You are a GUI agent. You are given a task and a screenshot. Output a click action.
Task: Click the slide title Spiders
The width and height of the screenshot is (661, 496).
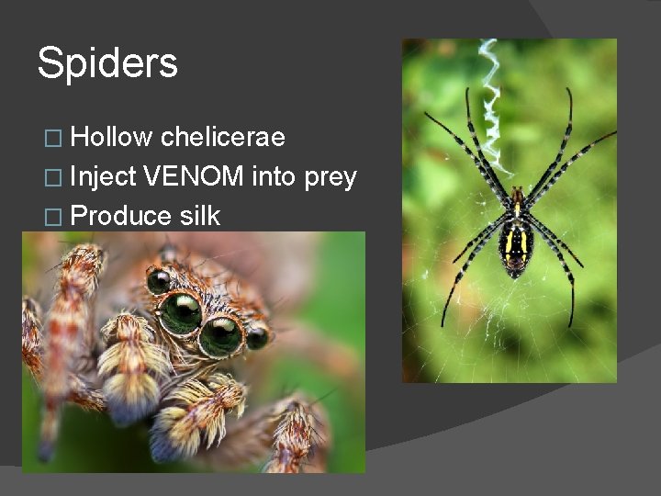pos(107,63)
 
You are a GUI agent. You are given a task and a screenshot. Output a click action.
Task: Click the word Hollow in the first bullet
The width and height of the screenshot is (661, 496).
pos(111,138)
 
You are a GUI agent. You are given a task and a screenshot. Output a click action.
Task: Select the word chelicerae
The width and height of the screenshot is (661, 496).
pos(222,138)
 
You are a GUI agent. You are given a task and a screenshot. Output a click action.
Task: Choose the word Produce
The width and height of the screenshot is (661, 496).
pos(120,216)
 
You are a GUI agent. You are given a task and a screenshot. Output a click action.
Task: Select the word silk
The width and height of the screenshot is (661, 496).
pos(200,216)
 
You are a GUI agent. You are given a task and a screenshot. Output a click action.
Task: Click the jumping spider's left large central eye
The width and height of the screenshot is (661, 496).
pos(181,312)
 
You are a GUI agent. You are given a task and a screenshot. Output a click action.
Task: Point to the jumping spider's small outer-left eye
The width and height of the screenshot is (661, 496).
pos(158,280)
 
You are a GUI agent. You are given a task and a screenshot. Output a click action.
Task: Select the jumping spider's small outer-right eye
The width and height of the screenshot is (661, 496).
pos(258,337)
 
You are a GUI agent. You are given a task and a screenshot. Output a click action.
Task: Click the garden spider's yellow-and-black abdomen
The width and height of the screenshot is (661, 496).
pos(516,242)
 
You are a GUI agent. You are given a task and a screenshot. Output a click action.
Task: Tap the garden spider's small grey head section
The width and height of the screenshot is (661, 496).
pos(519,197)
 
